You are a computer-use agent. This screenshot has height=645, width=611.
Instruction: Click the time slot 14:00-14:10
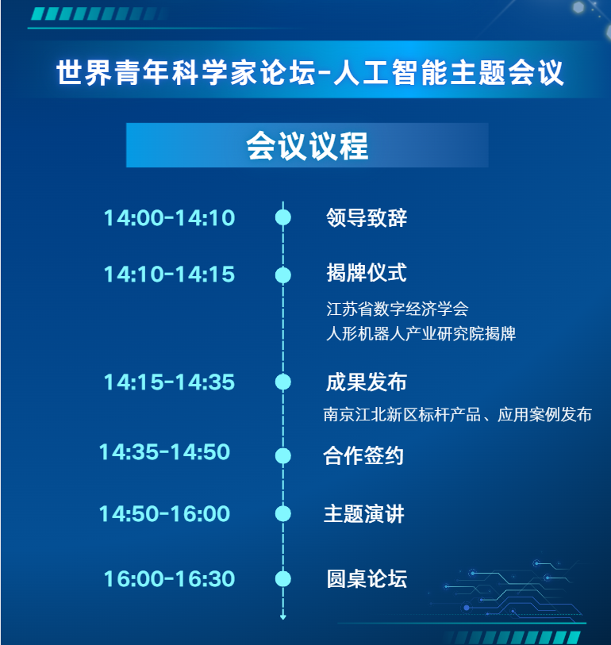169,217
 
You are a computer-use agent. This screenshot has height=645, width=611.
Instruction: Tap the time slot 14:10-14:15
169,275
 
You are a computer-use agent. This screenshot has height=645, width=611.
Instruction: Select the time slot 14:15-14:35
169,382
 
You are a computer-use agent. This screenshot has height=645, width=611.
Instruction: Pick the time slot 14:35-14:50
164,452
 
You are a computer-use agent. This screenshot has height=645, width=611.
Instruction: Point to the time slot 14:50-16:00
164,513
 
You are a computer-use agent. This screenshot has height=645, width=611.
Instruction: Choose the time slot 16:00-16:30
169,579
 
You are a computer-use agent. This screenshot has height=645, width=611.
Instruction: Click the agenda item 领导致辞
367,217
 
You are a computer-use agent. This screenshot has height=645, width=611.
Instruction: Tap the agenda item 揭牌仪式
367,274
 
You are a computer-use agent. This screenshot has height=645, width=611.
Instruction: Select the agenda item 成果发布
367,382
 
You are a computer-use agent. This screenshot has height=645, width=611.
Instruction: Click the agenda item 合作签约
363,455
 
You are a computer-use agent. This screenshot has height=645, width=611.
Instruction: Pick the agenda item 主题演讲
363,513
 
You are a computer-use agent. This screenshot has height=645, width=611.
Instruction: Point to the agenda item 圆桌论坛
367,579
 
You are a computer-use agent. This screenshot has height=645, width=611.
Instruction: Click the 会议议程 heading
307,146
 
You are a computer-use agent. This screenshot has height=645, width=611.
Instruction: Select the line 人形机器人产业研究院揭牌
421,333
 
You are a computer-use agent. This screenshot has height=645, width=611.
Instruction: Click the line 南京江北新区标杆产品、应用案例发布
458,414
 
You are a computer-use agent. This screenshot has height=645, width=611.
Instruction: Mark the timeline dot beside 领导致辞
282,217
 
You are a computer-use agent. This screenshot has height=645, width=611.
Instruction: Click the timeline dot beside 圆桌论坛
282,579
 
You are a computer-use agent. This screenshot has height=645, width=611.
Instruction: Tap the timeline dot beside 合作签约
282,455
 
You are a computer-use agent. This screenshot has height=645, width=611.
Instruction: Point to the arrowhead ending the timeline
282,617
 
